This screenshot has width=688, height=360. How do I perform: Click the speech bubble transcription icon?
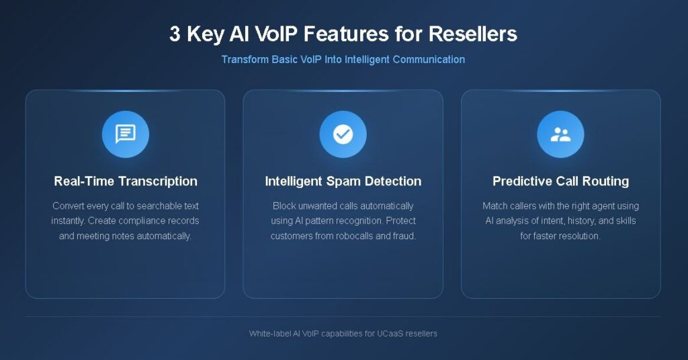[126, 134]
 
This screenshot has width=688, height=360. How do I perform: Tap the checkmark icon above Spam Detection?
[343, 134]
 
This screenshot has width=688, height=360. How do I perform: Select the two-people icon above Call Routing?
[561, 134]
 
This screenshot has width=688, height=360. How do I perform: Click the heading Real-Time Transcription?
[126, 181]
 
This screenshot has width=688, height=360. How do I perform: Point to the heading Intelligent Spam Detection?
[343, 181]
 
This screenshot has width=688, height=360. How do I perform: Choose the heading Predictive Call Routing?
[561, 181]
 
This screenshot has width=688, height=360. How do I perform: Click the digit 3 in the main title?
[175, 34]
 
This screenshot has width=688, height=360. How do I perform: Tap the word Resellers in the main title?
[472, 34]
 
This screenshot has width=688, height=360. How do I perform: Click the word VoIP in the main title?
[277, 34]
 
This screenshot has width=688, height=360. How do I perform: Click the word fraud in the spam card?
[404, 236]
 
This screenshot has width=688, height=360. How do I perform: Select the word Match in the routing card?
[495, 206]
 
